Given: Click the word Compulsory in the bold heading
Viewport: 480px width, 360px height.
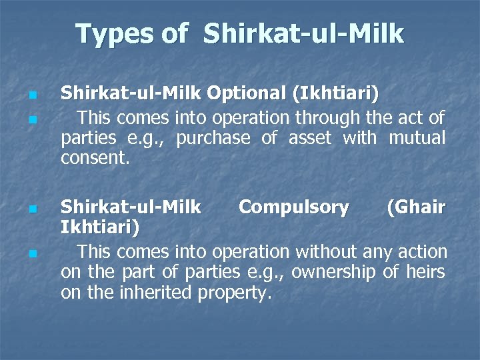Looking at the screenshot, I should pos(293,208).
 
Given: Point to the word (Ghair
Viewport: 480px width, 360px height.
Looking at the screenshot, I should pos(416,208).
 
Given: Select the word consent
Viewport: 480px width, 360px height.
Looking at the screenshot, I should pos(93,159).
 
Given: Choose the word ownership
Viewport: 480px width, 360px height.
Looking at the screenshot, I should pos(334,273).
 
